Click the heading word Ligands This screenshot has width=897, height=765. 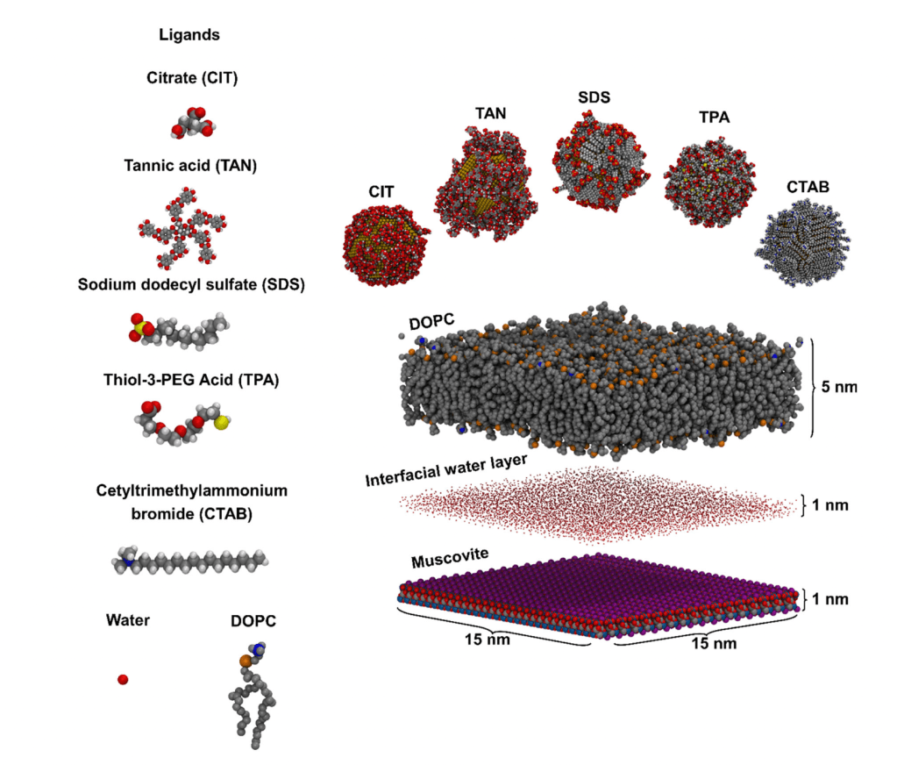(189, 36)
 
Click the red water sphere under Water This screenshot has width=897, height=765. (123, 679)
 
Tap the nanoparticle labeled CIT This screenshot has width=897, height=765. (383, 246)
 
